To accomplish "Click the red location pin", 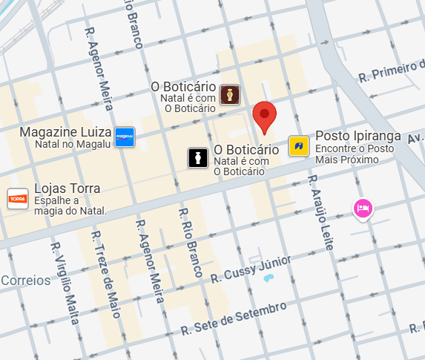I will pyautogui.click(x=265, y=117).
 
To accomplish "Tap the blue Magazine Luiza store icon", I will pyautogui.click(x=125, y=137).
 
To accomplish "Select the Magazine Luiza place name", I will pyautogui.click(x=66, y=132).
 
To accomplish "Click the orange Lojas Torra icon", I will pyautogui.click(x=18, y=198).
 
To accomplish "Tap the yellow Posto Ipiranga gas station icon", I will pyautogui.click(x=299, y=145).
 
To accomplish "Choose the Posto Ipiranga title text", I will pyautogui.click(x=358, y=136).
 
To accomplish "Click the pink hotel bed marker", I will pyautogui.click(x=363, y=208).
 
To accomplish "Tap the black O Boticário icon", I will pyautogui.click(x=197, y=157).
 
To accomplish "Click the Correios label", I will pyautogui.click(x=26, y=281).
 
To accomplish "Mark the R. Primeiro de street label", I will pyautogui.click(x=390, y=71).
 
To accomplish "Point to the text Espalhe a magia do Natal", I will pyautogui.click(x=70, y=206).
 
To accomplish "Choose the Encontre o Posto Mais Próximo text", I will pyautogui.click(x=355, y=154).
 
